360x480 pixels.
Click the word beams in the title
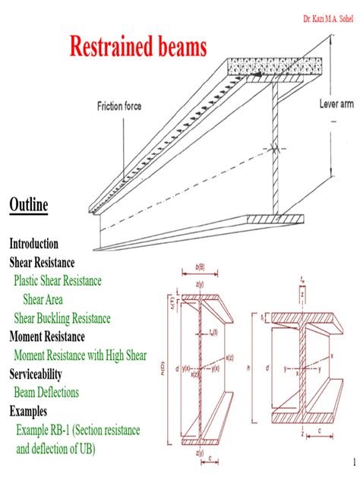178,48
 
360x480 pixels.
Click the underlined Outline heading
29,205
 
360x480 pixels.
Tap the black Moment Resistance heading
58,336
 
